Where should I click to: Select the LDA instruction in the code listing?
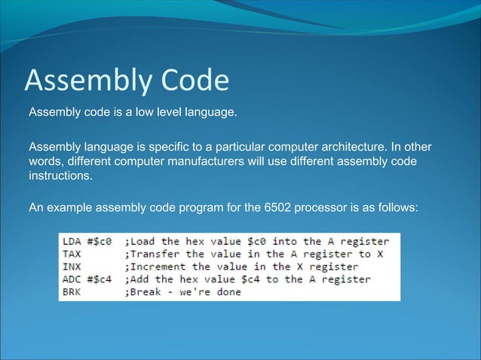pos(72,242)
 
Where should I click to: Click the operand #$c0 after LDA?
pos(101,242)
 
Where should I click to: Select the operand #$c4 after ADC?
pos(101,279)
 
